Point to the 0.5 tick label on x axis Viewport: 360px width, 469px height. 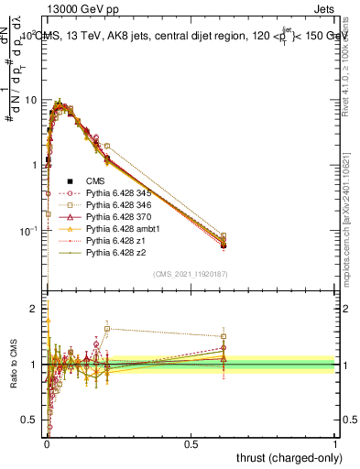(191, 442)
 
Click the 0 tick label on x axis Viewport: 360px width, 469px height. (46, 442)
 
